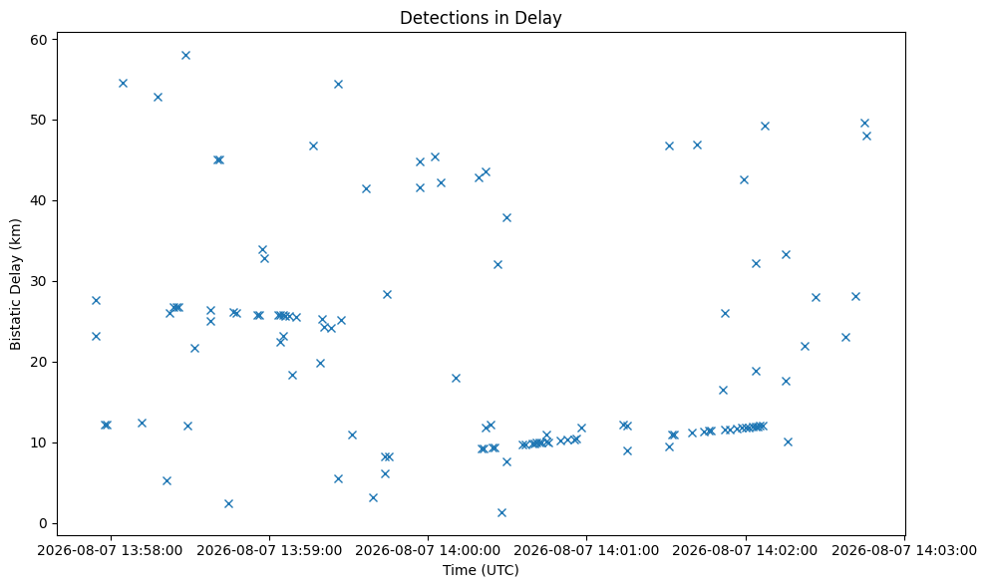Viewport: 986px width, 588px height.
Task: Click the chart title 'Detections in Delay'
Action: pyautogui.click(x=481, y=18)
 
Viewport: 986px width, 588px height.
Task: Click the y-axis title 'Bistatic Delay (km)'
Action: pyautogui.click(x=15, y=284)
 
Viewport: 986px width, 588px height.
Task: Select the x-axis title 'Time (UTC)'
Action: pyautogui.click(x=481, y=570)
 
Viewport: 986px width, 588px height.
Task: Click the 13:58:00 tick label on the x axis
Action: pyautogui.click(x=111, y=551)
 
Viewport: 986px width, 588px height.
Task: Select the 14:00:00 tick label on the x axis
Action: pyautogui.click(x=429, y=551)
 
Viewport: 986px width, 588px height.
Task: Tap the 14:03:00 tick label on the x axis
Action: pyautogui.click(x=904, y=551)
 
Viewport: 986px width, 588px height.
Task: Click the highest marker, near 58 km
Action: pyautogui.click(x=185, y=56)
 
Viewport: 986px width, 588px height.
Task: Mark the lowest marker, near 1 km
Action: pyautogui.click(x=501, y=512)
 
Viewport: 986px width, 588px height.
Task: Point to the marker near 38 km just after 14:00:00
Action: pyautogui.click(x=506, y=217)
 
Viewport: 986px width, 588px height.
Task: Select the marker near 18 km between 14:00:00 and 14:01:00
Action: pyautogui.click(x=456, y=378)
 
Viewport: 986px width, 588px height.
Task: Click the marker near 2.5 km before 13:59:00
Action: pyautogui.click(x=228, y=503)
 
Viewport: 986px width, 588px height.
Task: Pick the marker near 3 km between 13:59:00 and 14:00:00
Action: pyautogui.click(x=373, y=497)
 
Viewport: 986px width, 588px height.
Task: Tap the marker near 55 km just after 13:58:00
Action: pyautogui.click(x=123, y=83)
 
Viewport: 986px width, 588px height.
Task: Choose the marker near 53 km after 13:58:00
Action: pyautogui.click(x=158, y=97)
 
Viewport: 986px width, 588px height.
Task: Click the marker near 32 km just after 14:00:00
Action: pyautogui.click(x=497, y=265)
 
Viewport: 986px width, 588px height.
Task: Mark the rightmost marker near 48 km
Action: pyautogui.click(x=866, y=136)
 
